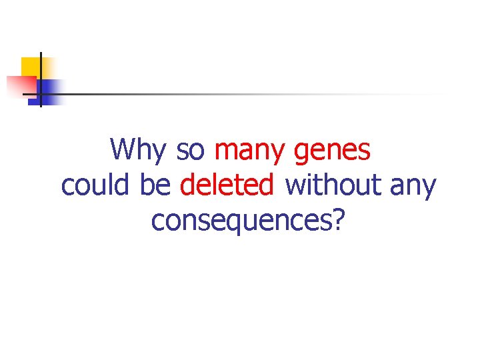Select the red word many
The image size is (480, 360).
click(251, 151)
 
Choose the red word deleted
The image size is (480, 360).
click(227, 185)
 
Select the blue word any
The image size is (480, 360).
click(413, 187)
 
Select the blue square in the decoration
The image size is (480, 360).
click(49, 90)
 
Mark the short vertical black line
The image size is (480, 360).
click(40, 80)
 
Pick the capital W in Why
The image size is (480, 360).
click(123, 149)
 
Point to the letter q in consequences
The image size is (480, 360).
click(249, 223)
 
